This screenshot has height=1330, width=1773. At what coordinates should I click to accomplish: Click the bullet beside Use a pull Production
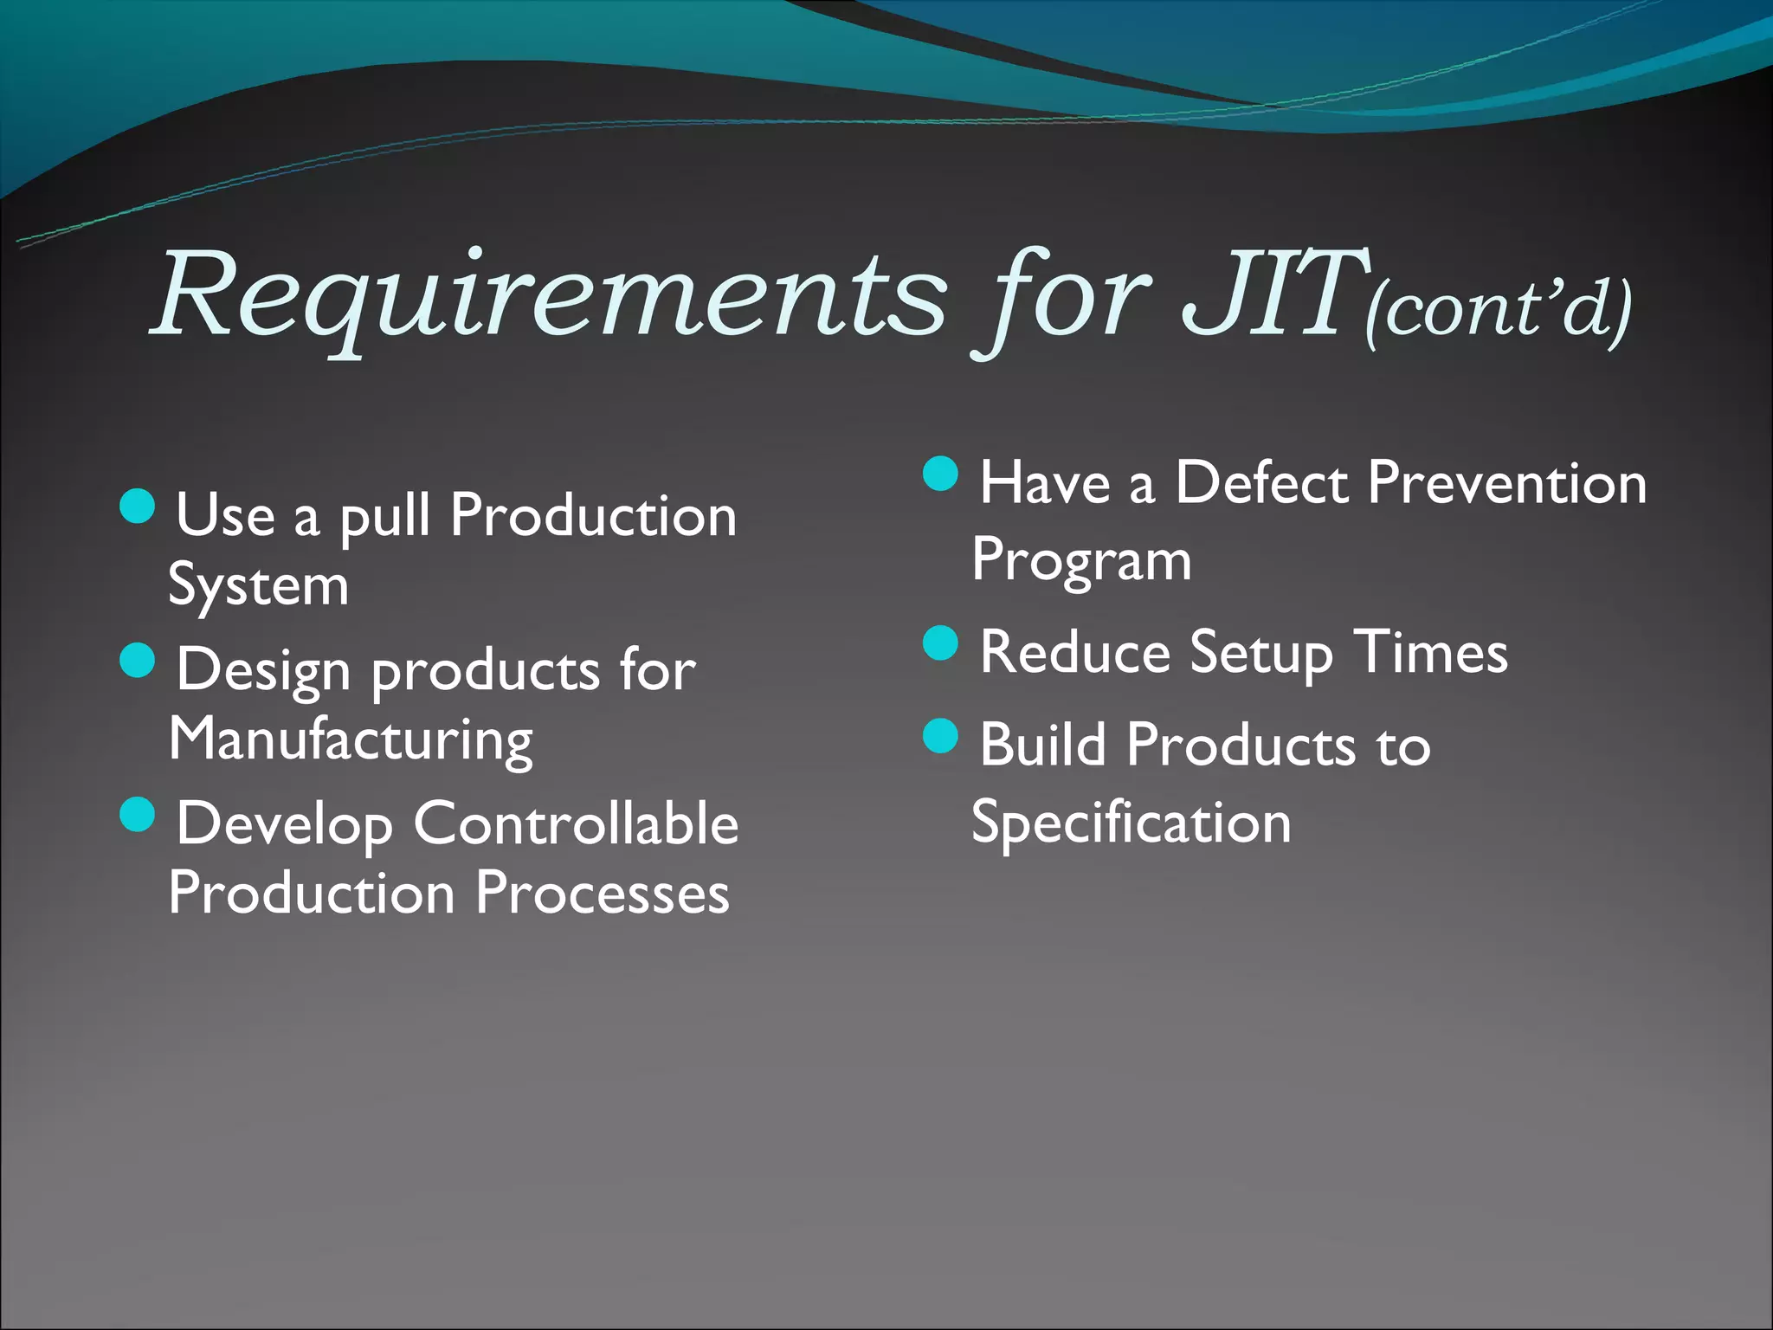[x=138, y=506]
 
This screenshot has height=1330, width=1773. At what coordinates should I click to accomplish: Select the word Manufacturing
[x=351, y=741]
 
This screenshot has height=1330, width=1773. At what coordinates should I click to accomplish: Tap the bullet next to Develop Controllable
[x=138, y=814]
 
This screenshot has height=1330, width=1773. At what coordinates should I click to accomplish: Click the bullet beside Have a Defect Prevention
[x=941, y=474]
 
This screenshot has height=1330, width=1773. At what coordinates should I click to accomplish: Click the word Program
[x=1081, y=561]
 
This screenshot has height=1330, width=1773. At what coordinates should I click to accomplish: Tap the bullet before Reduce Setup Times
[x=941, y=643]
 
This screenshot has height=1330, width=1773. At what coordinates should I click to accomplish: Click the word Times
[x=1430, y=652]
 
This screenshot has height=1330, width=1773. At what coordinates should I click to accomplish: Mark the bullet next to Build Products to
[x=941, y=736]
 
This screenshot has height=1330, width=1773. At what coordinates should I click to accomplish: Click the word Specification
[x=1131, y=823]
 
